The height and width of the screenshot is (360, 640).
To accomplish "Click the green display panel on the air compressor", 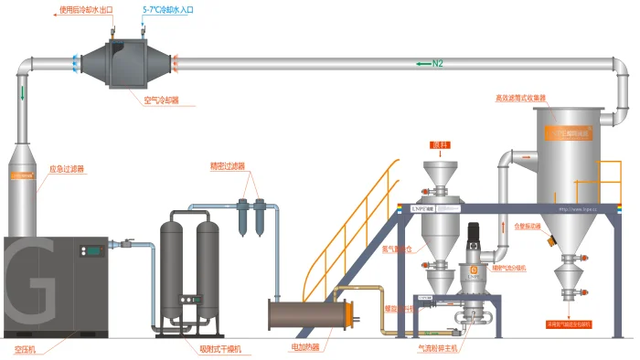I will [x=90, y=249].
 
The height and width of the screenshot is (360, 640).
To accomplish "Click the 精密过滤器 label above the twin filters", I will [x=228, y=166].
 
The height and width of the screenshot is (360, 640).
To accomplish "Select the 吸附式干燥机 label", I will [x=219, y=349].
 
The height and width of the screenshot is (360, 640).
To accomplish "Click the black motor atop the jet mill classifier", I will [x=474, y=239].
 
